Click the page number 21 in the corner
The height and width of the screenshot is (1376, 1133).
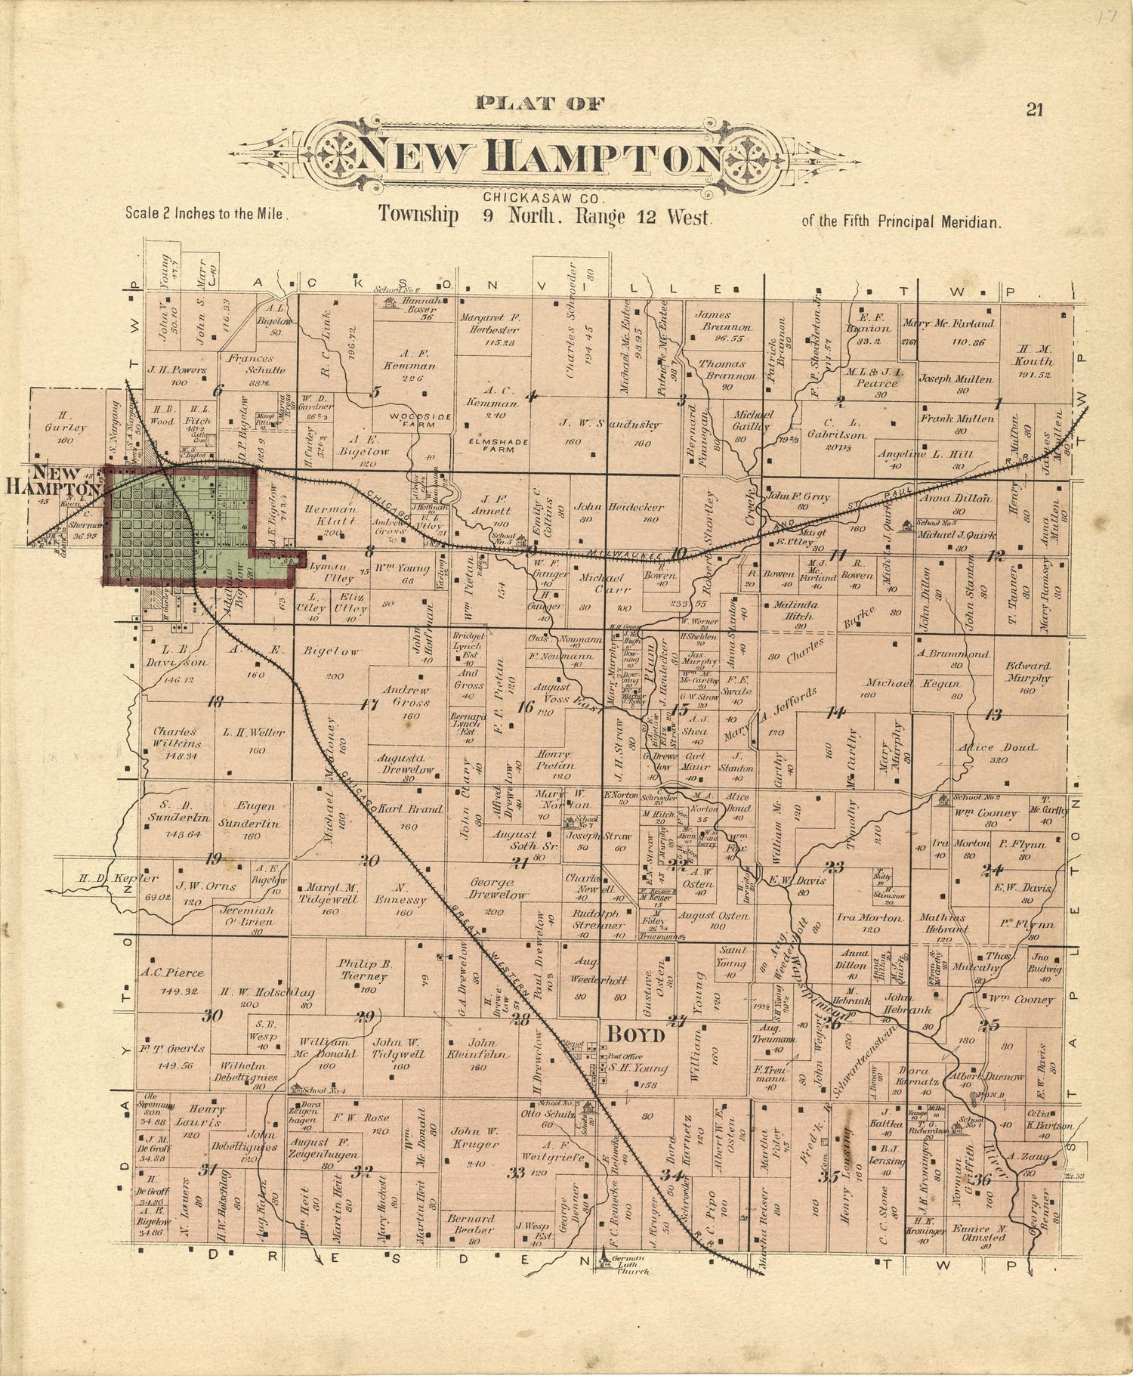(x=1034, y=110)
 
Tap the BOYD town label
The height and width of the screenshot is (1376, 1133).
(x=631, y=1034)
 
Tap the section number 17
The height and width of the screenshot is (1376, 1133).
(x=369, y=706)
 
